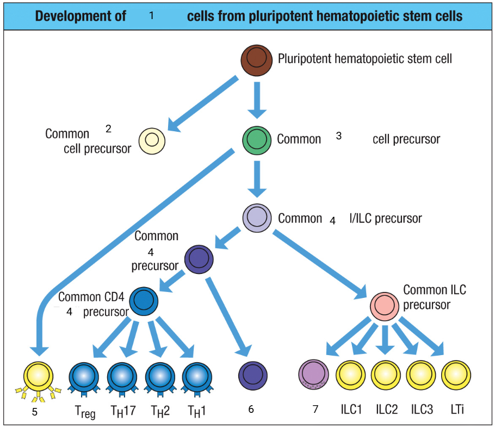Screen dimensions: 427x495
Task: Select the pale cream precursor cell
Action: pos(152,140)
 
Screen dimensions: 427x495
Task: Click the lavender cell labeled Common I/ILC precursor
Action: pos(257,218)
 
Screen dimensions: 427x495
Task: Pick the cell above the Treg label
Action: pos(83,376)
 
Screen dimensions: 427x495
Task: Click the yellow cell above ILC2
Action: pos(386,375)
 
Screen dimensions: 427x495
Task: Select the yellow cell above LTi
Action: pos(456,375)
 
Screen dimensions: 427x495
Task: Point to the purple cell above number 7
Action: pos(314,374)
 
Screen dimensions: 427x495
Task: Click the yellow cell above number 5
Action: pos(39,375)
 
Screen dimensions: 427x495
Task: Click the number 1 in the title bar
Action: pos(151,16)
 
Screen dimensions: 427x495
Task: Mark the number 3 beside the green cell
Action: pos(338,136)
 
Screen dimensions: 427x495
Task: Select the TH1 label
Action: pos(196,410)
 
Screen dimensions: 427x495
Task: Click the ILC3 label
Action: pos(422,409)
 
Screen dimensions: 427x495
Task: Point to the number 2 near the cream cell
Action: pos(108,129)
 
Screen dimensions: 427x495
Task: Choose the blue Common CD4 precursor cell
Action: pos(143,300)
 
